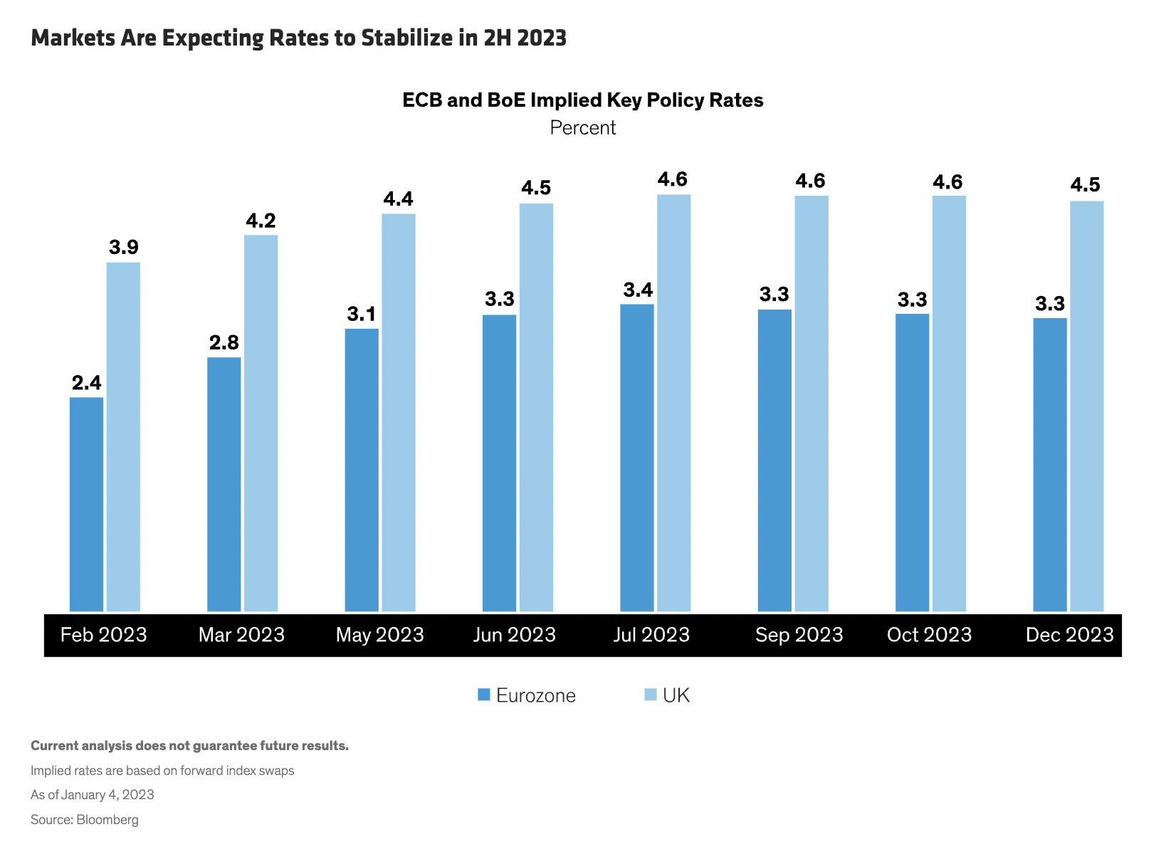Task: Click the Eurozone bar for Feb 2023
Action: pos(86,504)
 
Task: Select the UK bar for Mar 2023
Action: pos(261,423)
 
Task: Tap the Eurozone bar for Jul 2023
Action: pos(637,458)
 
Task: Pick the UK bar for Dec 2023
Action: pos(1086,406)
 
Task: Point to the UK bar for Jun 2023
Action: pos(536,407)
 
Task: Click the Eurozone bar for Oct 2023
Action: pos(912,463)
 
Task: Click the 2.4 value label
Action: pos(86,383)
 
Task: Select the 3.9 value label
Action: pos(123,248)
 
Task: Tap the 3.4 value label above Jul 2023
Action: pos(638,290)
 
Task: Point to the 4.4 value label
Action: pos(398,199)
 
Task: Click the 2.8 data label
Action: pos(224,343)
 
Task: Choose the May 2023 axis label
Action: pos(379,635)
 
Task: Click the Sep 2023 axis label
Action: pos(799,635)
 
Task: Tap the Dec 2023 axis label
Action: pos(1069,635)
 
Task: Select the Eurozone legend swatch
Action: pos(484,695)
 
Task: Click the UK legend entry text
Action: pos(676,695)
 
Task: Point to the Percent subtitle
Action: pos(583,128)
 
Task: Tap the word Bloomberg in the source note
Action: pos(107,820)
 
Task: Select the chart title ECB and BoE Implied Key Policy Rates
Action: pos(582,100)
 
